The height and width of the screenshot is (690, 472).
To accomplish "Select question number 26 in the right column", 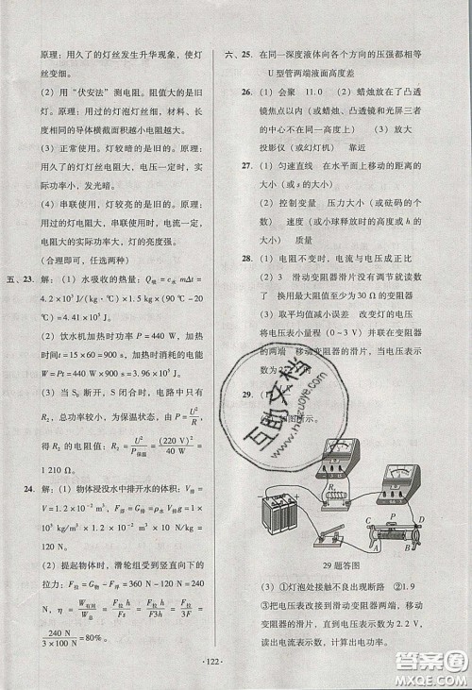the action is (246, 92).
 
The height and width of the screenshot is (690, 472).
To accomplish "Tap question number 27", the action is (246, 165).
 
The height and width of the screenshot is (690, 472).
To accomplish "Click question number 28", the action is (246, 257).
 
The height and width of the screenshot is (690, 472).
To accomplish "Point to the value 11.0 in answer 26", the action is (317, 92).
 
